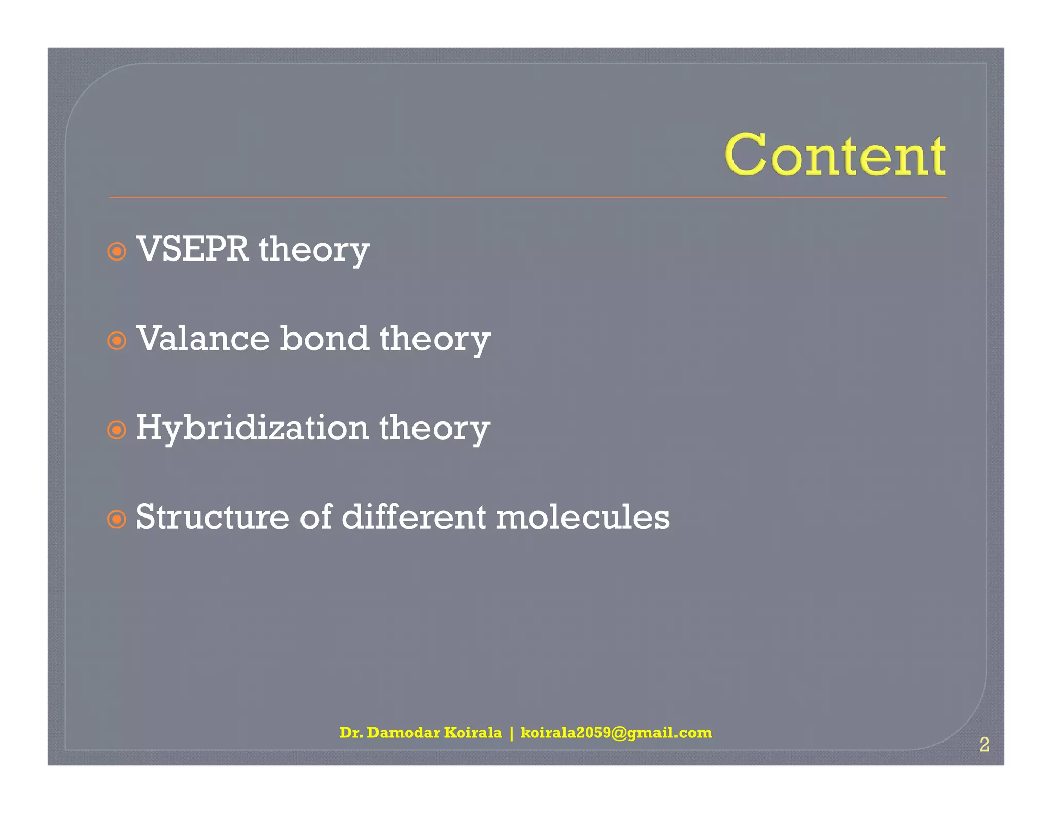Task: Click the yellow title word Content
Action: click(835, 155)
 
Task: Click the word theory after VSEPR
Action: click(314, 250)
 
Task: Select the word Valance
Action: click(203, 339)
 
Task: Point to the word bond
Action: click(324, 339)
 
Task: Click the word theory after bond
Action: click(435, 340)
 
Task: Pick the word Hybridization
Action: click(252, 428)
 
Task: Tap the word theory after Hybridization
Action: click(434, 429)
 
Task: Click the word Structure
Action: click(212, 517)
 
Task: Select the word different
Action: click(414, 517)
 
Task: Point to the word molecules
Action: click(583, 517)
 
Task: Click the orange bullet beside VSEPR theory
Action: click(117, 252)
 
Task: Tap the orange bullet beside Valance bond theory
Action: click(117, 341)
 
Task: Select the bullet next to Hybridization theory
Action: click(117, 430)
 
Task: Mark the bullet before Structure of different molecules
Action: click(117, 519)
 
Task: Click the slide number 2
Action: click(984, 745)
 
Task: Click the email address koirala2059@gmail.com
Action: click(616, 732)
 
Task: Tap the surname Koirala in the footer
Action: click(473, 732)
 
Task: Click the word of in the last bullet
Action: click(315, 517)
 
